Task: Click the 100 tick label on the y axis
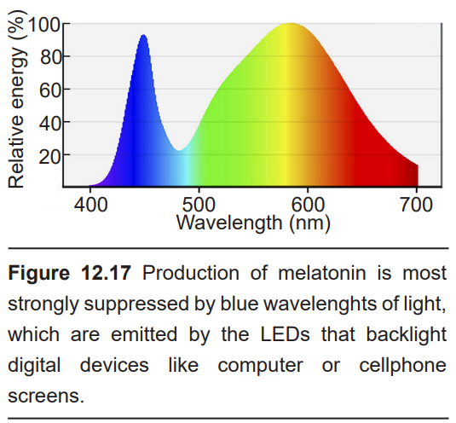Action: coord(44,24)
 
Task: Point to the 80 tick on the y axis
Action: coord(51,56)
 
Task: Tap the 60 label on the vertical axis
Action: coord(51,90)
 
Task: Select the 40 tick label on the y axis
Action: coord(51,123)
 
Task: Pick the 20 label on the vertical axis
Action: coord(51,156)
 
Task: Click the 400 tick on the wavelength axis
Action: coord(90,205)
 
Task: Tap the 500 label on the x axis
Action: coord(199,205)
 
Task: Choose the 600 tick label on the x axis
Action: coord(308,205)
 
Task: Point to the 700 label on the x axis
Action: coord(417,205)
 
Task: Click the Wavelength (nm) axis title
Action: coord(253,223)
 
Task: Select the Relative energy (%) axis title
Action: coord(17,99)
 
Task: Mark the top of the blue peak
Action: coord(143,35)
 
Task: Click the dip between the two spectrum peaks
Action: coord(178,150)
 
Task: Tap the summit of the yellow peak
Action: coord(291,23)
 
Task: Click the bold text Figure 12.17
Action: coord(70,273)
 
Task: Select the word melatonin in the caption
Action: coord(322,273)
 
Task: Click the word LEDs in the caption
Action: coord(285,334)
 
